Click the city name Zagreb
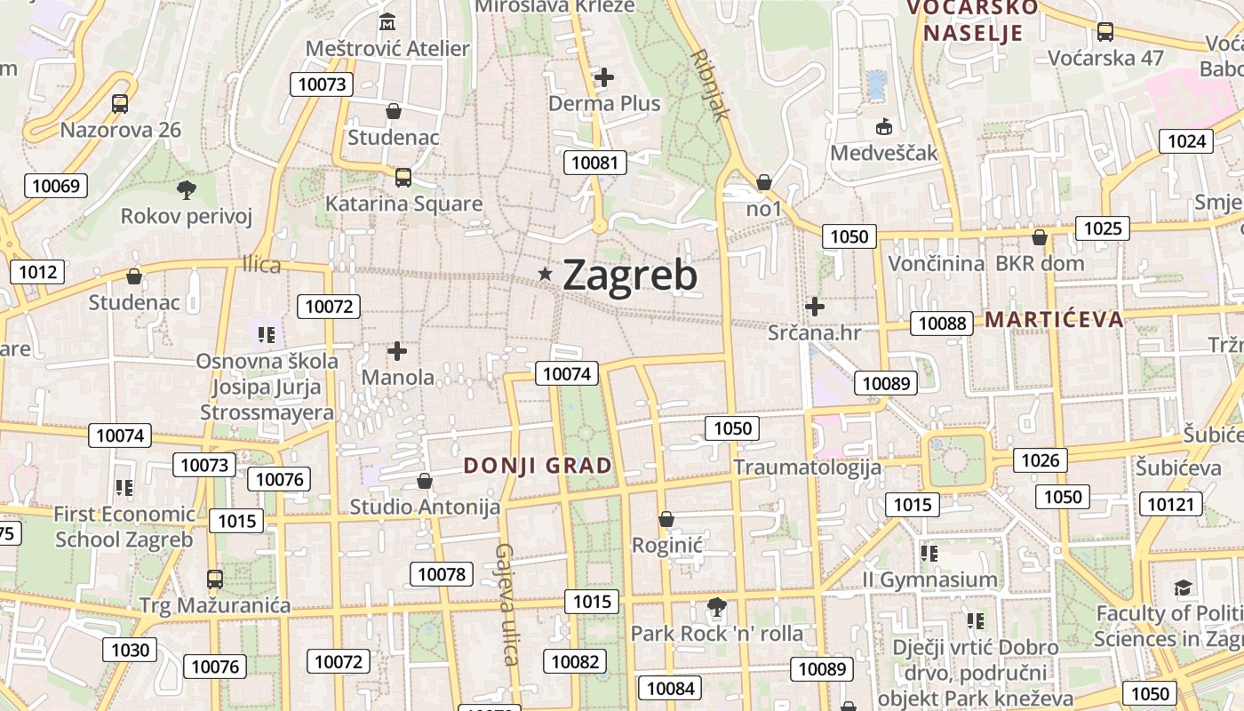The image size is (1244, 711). pyautogui.click(x=630, y=276)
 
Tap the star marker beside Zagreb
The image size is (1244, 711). pyautogui.click(x=546, y=275)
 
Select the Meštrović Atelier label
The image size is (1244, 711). pyautogui.click(x=387, y=48)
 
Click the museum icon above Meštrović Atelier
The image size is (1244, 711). pyautogui.click(x=387, y=21)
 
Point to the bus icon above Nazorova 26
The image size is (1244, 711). pyautogui.click(x=120, y=104)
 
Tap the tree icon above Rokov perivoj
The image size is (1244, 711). pyautogui.click(x=187, y=189)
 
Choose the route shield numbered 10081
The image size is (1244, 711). pyautogui.click(x=594, y=162)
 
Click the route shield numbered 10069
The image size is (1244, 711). pyautogui.click(x=56, y=186)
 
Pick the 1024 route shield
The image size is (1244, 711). pyautogui.click(x=1186, y=140)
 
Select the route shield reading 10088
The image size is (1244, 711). pyautogui.click(x=942, y=323)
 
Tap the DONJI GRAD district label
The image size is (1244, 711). pyautogui.click(x=538, y=465)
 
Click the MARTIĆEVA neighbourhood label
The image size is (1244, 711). pyautogui.click(x=1055, y=320)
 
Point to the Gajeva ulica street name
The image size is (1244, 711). pyautogui.click(x=506, y=603)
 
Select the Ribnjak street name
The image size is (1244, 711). pyautogui.click(x=710, y=84)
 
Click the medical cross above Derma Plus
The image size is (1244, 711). pyautogui.click(x=604, y=77)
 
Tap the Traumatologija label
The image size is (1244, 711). pyautogui.click(x=807, y=467)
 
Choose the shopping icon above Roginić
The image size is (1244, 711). pyautogui.click(x=666, y=519)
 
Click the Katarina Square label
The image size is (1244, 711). pyautogui.click(x=403, y=204)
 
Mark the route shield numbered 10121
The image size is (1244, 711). pyautogui.click(x=1170, y=504)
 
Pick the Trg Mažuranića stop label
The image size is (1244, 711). pyautogui.click(x=215, y=606)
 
